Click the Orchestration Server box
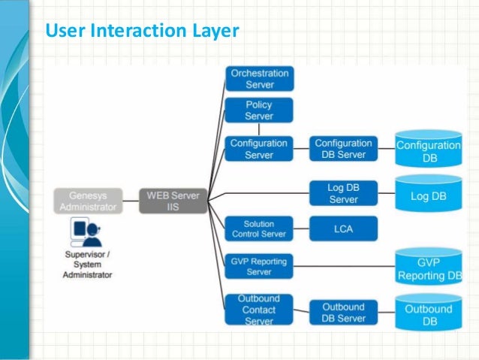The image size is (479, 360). (x=259, y=79)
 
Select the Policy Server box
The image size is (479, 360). (x=259, y=110)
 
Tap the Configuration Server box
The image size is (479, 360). (x=259, y=148)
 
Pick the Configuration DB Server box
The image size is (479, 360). (x=343, y=148)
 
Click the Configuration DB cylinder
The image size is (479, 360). (x=429, y=151)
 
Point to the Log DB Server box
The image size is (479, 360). (x=343, y=192)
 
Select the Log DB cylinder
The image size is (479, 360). (x=429, y=194)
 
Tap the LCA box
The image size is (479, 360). (x=343, y=228)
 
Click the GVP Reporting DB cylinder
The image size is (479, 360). (x=429, y=268)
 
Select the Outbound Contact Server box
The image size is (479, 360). (x=259, y=310)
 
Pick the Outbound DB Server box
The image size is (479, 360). (x=343, y=312)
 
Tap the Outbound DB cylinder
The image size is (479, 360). (x=429, y=313)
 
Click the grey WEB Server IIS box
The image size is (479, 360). (x=173, y=201)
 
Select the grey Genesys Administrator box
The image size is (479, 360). (x=87, y=201)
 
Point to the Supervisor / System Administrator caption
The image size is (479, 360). (x=87, y=264)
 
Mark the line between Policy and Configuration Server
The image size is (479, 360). (x=259, y=129)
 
